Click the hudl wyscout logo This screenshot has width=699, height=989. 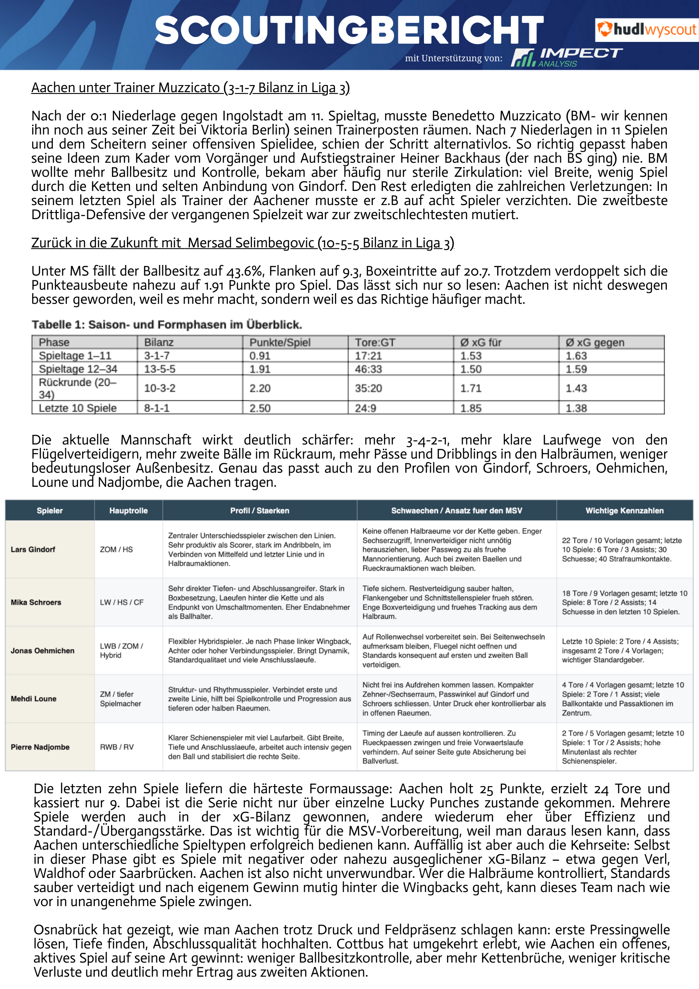[x=646, y=30]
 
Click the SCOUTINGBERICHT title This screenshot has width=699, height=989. [x=349, y=30]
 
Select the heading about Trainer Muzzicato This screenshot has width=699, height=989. [x=190, y=88]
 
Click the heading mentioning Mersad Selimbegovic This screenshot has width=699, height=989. [x=242, y=243]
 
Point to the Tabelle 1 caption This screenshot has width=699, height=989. [x=167, y=325]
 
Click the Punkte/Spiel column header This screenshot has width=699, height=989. [x=280, y=343]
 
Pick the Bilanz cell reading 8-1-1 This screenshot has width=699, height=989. [x=157, y=408]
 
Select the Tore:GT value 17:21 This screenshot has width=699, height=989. [x=368, y=356]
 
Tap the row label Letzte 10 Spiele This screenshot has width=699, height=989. [x=78, y=408]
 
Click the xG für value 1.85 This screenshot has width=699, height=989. [x=471, y=408]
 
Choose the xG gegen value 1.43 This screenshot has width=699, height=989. [x=576, y=388]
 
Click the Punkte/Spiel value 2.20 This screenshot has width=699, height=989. [x=260, y=388]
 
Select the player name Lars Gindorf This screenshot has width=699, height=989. [x=33, y=549]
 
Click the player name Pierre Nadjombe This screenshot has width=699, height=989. [x=40, y=747]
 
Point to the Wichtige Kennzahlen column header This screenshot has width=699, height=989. [x=624, y=511]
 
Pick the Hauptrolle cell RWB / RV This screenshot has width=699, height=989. [x=117, y=747]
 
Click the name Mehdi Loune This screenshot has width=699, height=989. [x=33, y=699]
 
